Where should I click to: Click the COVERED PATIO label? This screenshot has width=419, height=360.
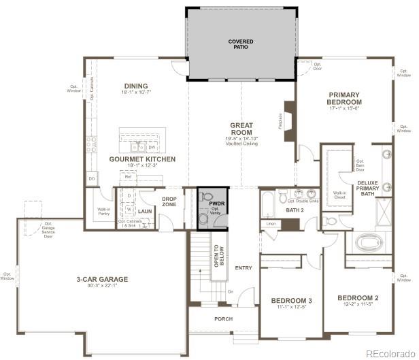click(x=241, y=45)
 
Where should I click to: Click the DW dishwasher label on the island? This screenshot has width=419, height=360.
click(x=152, y=147)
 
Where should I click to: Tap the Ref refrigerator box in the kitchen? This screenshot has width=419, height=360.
click(x=127, y=177)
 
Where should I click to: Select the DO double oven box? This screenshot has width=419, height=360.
click(x=91, y=178)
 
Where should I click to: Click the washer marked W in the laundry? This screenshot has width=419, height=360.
click(x=129, y=210)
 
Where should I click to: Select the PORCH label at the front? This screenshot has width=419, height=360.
click(x=223, y=318)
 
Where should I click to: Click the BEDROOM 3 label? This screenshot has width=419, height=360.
click(x=291, y=301)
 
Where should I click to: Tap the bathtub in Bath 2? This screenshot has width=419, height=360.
click(x=268, y=202)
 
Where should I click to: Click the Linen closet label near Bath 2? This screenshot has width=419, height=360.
click(x=271, y=223)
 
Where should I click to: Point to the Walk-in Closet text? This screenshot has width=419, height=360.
click(x=339, y=195)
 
